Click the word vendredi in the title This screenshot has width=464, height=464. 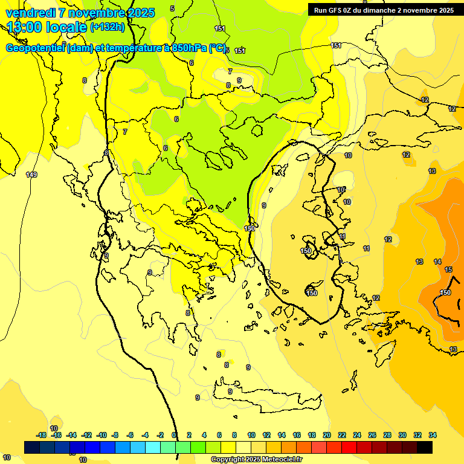(31, 13)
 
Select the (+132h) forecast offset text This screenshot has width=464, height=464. (107, 27)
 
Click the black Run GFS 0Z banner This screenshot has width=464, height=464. (384, 10)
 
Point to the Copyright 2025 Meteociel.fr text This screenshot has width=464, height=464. (256, 459)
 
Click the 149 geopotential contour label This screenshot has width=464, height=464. (31, 175)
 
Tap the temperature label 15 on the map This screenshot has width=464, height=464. (448, 269)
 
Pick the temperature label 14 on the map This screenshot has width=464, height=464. (437, 262)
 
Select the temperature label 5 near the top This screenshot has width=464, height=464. (172, 8)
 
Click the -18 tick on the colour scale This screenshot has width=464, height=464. (41, 435)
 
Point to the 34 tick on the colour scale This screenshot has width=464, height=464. (433, 435)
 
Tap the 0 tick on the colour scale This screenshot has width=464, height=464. (175, 435)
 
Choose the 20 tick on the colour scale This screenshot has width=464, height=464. (326, 435)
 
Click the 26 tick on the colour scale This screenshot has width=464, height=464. (372, 435)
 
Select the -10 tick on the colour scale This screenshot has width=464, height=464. (101, 435)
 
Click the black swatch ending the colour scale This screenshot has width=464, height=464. (425, 447)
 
